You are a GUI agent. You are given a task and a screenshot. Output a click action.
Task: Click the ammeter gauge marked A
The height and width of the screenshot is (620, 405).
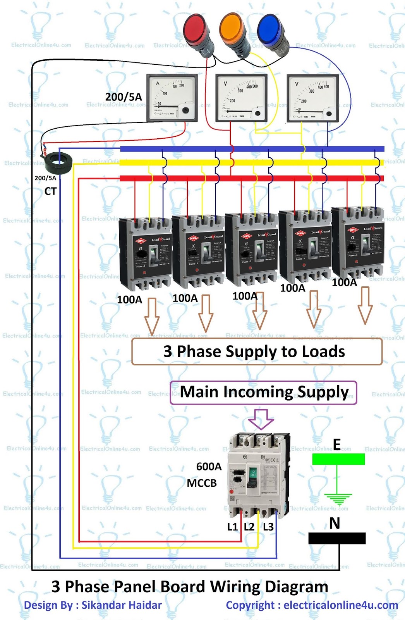172,98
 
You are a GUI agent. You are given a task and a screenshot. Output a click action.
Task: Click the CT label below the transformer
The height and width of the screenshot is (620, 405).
50,191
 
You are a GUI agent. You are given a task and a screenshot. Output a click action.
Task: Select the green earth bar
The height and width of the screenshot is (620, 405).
338,459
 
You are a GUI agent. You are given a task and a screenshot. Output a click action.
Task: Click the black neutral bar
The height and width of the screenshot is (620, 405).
337,538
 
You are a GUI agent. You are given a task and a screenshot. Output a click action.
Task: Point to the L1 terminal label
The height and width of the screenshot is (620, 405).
232,527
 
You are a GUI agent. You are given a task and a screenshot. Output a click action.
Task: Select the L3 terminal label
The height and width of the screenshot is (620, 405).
268,527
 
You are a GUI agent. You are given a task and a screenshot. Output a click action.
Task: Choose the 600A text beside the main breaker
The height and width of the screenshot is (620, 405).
209,467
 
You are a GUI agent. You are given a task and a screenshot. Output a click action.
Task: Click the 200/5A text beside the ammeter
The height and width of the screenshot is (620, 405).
124,97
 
